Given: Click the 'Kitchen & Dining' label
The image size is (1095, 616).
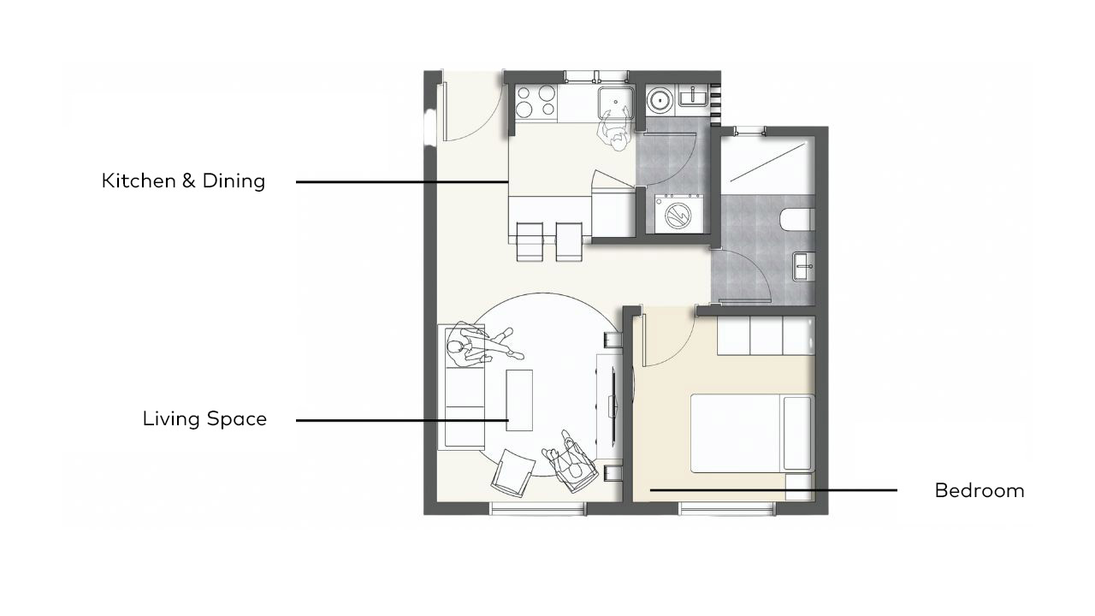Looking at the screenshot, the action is [x=183, y=181].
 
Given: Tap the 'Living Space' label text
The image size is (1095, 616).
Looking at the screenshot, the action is [x=204, y=419].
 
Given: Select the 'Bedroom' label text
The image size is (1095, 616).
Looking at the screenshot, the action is [x=980, y=490].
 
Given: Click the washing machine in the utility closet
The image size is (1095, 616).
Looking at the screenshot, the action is [x=678, y=214].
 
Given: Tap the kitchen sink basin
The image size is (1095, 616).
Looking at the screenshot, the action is [x=616, y=103].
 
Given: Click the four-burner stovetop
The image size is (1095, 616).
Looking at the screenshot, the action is [x=536, y=101].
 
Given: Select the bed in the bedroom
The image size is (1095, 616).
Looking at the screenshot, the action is [x=752, y=433].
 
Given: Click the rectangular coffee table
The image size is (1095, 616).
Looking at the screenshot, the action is [x=519, y=400].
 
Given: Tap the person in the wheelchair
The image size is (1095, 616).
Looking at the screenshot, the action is [x=570, y=461].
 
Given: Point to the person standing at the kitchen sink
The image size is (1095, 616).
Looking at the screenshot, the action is [x=615, y=132].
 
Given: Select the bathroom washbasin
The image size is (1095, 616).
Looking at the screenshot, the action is [x=803, y=266].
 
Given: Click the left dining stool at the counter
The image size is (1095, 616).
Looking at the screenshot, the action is [x=530, y=242].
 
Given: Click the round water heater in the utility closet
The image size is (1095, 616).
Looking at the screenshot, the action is [x=660, y=101].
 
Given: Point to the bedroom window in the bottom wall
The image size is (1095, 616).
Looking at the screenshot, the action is [x=727, y=508].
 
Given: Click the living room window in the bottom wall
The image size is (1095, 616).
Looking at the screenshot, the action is [x=538, y=508].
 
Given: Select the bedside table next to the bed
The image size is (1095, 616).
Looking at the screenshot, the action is [x=799, y=487].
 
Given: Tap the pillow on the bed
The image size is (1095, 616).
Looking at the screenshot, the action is [x=798, y=433].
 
